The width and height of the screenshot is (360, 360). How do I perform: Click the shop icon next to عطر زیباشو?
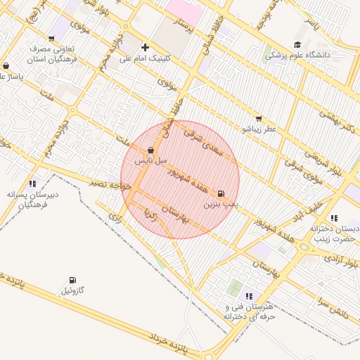click(x=259, y=119)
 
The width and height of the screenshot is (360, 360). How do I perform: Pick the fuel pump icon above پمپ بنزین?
click(x=221, y=194)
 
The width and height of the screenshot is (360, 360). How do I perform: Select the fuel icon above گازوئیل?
click(x=73, y=281)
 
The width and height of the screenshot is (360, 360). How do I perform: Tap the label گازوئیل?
click(x=73, y=291)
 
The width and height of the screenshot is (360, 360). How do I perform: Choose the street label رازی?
click(x=115, y=219)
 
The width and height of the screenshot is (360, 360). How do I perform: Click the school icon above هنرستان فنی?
click(x=249, y=296)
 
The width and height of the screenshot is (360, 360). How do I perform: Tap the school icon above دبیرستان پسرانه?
click(x=33, y=184)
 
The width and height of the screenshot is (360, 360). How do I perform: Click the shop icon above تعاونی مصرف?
click(x=51, y=39)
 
